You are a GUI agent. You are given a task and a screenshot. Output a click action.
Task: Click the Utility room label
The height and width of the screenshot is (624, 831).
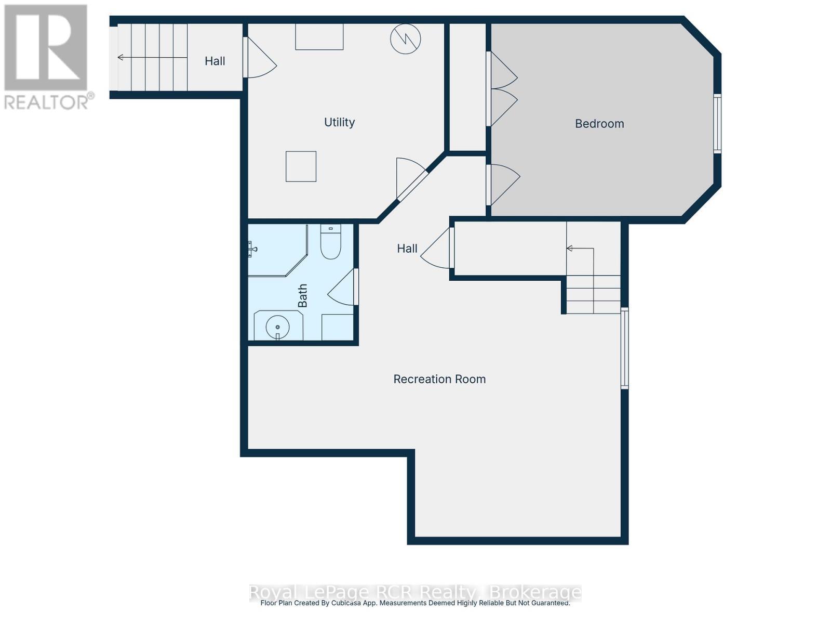[339, 122]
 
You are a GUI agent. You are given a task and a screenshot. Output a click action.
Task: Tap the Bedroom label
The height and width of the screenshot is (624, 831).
[599, 124]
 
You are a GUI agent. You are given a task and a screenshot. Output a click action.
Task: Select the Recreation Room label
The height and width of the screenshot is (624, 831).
[439, 379]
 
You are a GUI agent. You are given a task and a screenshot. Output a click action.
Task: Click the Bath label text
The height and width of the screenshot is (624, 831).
[302, 295]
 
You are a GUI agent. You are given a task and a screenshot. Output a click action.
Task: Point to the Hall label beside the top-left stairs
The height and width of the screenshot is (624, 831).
[215, 61]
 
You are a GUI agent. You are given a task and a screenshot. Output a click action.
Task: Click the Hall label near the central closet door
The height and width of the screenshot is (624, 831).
[407, 249]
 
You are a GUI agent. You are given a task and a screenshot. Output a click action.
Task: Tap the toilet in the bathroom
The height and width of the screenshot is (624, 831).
[330, 243]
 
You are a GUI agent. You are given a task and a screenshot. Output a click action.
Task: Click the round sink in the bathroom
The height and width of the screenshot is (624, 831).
[278, 327]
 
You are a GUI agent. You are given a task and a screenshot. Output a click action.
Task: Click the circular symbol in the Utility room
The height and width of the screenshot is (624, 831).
[406, 38]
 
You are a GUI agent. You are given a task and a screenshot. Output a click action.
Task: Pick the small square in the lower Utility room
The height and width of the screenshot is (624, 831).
[301, 166]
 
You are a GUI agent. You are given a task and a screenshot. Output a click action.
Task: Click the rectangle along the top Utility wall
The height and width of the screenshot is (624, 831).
[319, 37]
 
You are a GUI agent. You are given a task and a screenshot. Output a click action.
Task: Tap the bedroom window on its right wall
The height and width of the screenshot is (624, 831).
[717, 123]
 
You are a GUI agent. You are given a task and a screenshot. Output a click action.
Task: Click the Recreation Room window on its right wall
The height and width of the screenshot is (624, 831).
[625, 348]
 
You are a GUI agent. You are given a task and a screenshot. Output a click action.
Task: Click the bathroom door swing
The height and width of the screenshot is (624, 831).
[343, 289]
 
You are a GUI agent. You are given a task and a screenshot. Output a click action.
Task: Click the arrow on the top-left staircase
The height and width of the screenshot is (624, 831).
[122, 57]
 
